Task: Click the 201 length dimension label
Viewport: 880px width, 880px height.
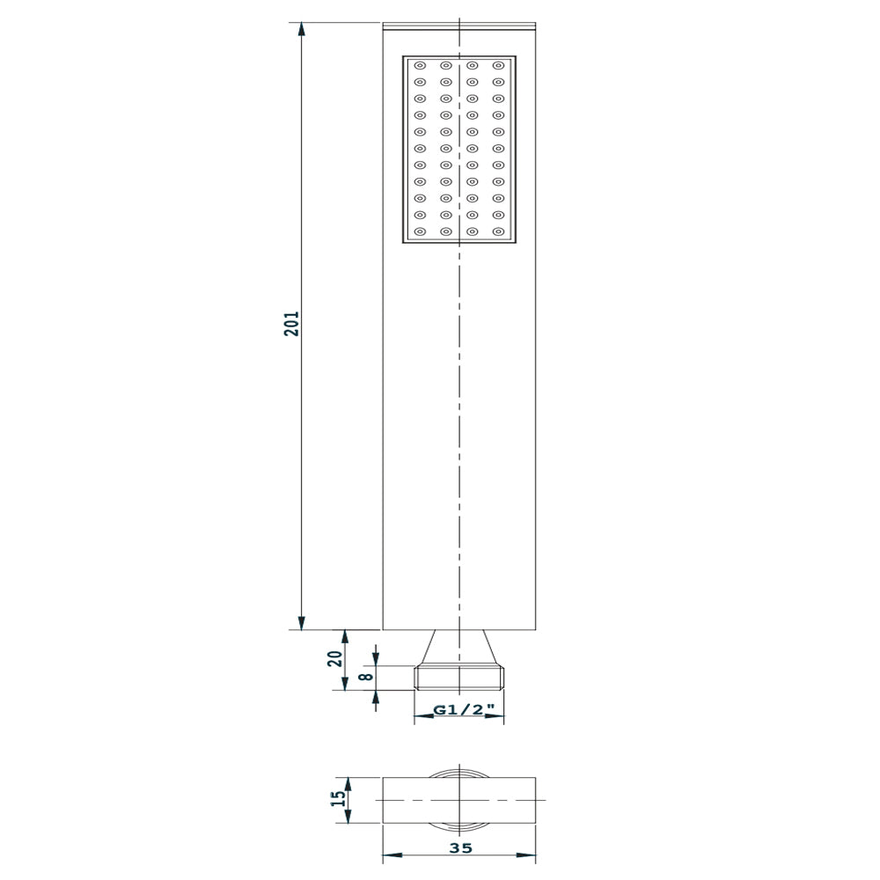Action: (291, 323)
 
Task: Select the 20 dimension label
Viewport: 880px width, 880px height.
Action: (335, 658)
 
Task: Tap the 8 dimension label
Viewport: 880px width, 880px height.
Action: (366, 676)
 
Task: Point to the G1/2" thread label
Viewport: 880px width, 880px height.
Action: (464, 710)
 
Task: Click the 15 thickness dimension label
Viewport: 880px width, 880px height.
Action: (339, 798)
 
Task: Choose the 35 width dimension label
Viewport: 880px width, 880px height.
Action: (461, 848)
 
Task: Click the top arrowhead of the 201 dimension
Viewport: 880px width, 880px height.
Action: (301, 30)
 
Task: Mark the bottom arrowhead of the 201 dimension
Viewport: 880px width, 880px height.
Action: (301, 622)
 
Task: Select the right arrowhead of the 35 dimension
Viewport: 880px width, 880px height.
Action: (526, 855)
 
